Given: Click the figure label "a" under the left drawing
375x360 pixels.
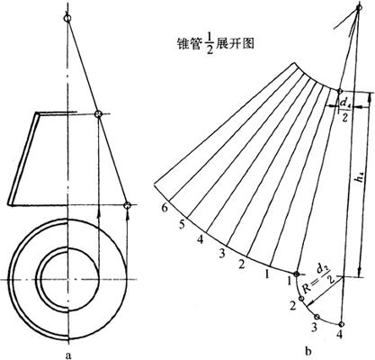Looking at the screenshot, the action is (x=68, y=355).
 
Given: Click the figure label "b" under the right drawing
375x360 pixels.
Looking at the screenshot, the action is (x=308, y=350).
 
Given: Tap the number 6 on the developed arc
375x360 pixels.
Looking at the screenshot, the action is (x=164, y=208).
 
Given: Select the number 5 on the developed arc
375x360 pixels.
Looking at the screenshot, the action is (x=182, y=224).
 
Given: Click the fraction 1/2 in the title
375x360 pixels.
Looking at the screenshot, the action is (x=210, y=44).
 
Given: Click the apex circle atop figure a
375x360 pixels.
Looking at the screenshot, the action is (x=67, y=19).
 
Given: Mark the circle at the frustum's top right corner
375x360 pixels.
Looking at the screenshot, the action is (x=99, y=114).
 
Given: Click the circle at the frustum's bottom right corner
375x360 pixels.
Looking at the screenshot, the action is (x=128, y=205).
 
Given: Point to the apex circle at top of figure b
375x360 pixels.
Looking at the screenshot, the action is (x=359, y=6).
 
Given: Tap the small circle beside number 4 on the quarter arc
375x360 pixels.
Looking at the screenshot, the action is (x=341, y=324).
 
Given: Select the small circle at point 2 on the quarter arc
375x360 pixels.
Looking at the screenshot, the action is (x=301, y=299).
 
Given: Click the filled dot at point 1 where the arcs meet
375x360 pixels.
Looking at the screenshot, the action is (x=297, y=274).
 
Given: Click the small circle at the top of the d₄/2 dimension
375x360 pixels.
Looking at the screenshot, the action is (x=340, y=91).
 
